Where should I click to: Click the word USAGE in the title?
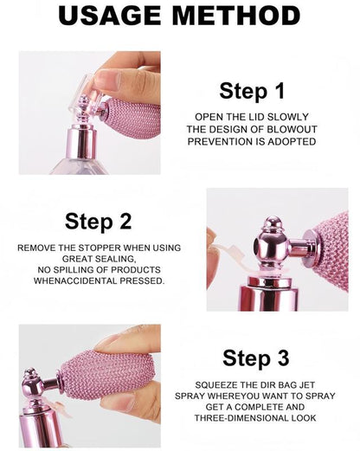[x=110, y=15]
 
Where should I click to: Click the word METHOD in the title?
[x=236, y=15]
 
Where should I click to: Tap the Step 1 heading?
[x=252, y=91]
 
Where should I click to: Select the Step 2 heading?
[x=99, y=222]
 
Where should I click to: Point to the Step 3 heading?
[x=256, y=358]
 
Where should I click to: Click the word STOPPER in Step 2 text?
[x=100, y=248]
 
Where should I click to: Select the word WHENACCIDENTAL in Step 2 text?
[x=75, y=280]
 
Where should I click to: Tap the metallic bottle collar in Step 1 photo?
[x=80, y=141]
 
